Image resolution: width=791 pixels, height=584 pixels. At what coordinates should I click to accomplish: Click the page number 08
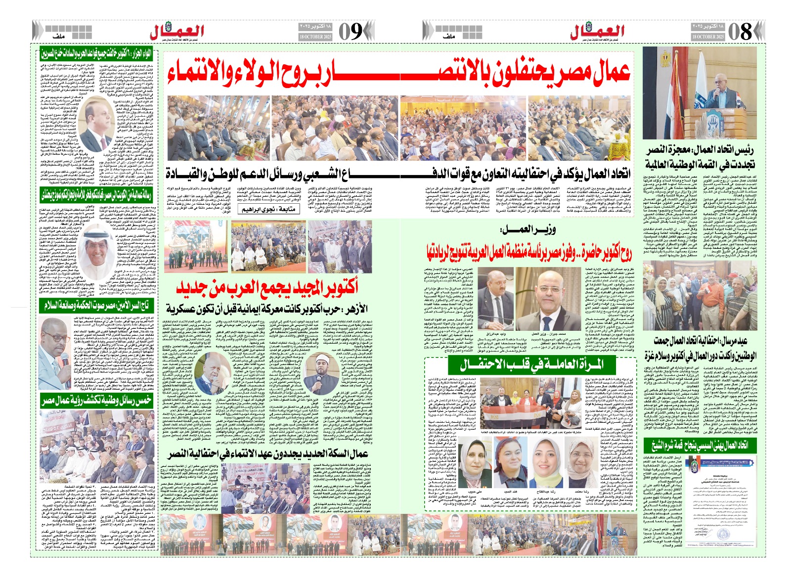(x=740, y=32)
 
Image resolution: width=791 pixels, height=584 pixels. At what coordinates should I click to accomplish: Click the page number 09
(x=351, y=32)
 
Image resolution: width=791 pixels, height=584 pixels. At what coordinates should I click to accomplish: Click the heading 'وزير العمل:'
(x=527, y=229)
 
